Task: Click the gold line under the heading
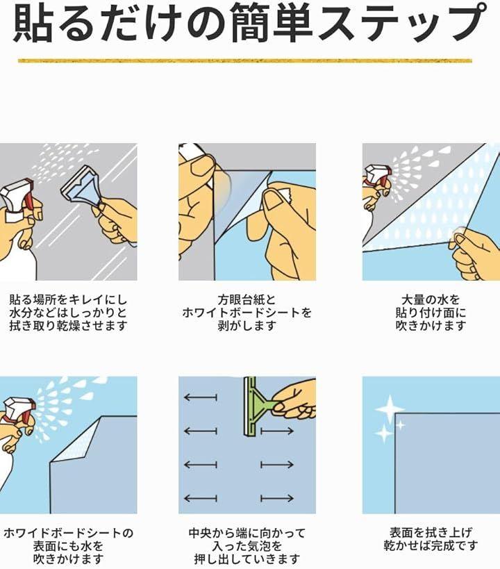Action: (x=245, y=60)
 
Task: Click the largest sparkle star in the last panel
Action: (x=390, y=409)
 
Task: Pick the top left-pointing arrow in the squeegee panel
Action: (x=201, y=397)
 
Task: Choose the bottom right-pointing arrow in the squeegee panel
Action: (x=277, y=498)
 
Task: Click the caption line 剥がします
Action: (x=247, y=326)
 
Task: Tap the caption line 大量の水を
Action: (x=431, y=299)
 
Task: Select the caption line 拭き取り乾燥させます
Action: (x=69, y=326)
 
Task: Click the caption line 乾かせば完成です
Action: (x=431, y=545)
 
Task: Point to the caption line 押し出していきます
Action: (x=247, y=559)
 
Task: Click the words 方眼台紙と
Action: (x=247, y=299)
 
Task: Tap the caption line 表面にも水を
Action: (x=69, y=546)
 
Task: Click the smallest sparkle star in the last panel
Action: (x=400, y=424)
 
